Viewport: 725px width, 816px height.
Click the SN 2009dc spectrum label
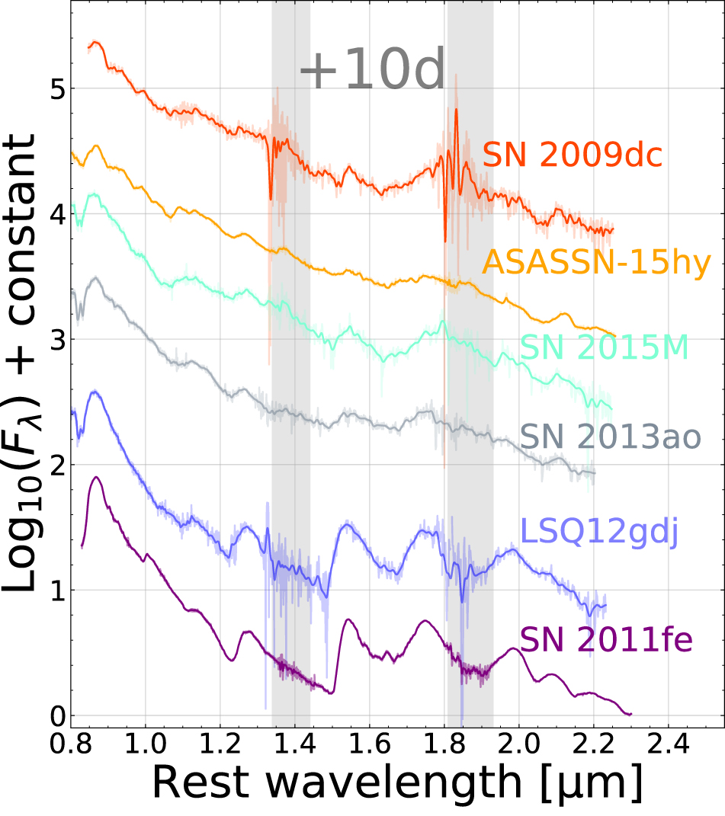click(x=572, y=156)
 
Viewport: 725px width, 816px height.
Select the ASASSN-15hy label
click(x=596, y=263)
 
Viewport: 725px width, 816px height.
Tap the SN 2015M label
click(x=605, y=347)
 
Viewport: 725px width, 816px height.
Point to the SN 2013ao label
click(x=610, y=437)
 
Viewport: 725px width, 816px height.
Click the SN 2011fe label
click(x=606, y=639)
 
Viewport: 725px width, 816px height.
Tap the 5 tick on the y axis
click(x=54, y=89)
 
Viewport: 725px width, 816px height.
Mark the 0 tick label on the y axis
click(x=54, y=716)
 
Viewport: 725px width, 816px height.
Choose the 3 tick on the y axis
click(x=54, y=340)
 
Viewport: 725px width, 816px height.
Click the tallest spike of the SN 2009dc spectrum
click(x=456, y=110)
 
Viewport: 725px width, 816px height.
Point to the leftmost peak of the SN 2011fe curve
click(x=96, y=478)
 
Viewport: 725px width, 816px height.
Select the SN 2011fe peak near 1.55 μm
click(x=348, y=619)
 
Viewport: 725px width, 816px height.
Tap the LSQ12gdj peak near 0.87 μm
click(x=95, y=392)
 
